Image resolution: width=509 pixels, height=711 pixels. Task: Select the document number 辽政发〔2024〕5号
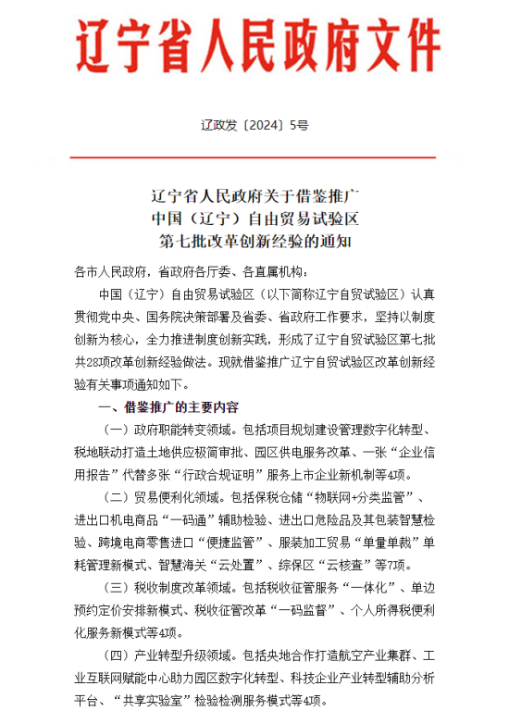point(254,123)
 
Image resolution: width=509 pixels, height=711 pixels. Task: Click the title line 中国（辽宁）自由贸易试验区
point(254,219)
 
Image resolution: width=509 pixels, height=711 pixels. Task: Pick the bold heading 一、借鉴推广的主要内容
point(168,407)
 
